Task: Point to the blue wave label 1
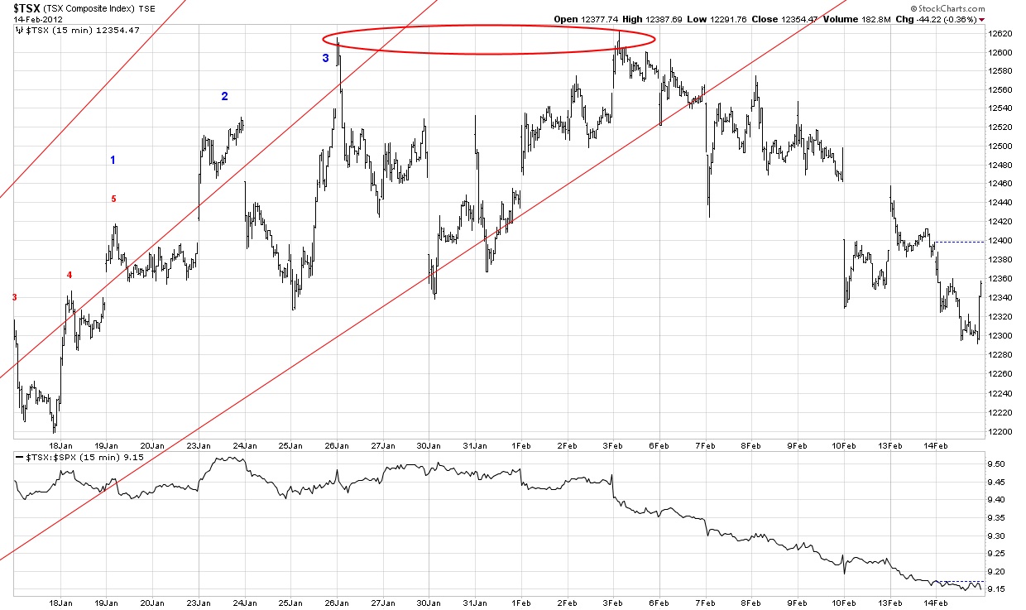[113, 160]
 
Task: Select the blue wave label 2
[224, 96]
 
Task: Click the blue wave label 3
[326, 58]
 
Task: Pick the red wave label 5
[114, 199]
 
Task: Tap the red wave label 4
[70, 275]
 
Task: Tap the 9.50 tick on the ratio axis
[996, 464]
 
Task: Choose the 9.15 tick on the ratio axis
[996, 589]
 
